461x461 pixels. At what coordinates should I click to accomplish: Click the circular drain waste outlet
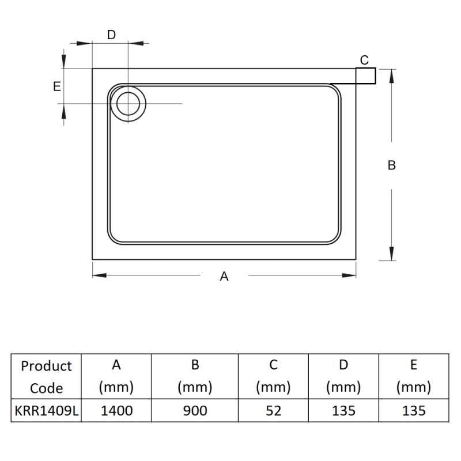(128, 104)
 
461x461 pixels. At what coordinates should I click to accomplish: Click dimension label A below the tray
(225, 277)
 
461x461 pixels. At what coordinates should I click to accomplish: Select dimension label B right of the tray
(392, 165)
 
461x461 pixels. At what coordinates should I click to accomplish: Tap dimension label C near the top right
(364, 60)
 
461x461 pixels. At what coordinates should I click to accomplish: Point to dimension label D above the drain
(111, 35)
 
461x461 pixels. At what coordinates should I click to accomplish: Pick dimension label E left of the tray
(56, 86)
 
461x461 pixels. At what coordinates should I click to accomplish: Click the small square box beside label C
(365, 75)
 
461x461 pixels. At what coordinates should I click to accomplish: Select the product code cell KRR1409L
(46, 410)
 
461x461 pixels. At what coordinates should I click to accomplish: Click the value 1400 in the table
(116, 410)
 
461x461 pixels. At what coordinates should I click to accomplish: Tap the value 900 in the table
(195, 410)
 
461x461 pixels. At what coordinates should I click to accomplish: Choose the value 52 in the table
(273, 410)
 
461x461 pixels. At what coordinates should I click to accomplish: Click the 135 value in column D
(343, 410)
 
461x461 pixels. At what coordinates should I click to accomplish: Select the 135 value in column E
(414, 410)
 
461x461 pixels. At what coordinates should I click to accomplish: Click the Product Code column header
(46, 376)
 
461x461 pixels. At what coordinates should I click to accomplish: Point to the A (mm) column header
(116, 376)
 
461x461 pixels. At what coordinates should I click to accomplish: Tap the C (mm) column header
(273, 376)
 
